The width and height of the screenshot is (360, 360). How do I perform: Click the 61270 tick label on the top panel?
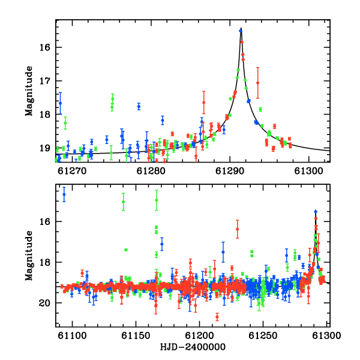(72, 171)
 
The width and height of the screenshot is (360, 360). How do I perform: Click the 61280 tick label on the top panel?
(151, 171)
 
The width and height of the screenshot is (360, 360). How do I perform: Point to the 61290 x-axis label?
(230, 171)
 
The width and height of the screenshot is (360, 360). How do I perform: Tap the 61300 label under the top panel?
(308, 171)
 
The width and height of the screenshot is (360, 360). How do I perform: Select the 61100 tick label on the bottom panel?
(72, 335)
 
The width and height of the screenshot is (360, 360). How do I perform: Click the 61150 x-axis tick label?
(136, 335)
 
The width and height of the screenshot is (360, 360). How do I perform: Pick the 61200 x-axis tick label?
(199, 335)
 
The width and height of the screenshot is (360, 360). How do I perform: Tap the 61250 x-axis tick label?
(263, 335)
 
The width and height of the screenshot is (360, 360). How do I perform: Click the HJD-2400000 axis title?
(193, 347)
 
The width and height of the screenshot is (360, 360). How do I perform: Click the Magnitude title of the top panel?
(29, 91)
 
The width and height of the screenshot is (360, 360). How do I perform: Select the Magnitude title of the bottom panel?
(29, 256)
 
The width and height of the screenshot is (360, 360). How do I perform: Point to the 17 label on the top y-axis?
(44, 81)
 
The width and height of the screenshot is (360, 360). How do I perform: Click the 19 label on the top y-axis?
(44, 148)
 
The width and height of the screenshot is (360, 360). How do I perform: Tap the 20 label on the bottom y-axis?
(44, 303)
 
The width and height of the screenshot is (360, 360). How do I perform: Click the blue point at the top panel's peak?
(241, 31)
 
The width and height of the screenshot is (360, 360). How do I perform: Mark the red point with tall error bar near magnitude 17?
(257, 83)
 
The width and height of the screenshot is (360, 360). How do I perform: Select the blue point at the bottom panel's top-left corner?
(64, 194)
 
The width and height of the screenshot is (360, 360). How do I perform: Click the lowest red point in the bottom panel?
(217, 317)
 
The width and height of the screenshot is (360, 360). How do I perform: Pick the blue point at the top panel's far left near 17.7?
(60, 103)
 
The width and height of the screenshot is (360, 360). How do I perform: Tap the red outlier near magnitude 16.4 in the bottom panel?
(238, 229)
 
